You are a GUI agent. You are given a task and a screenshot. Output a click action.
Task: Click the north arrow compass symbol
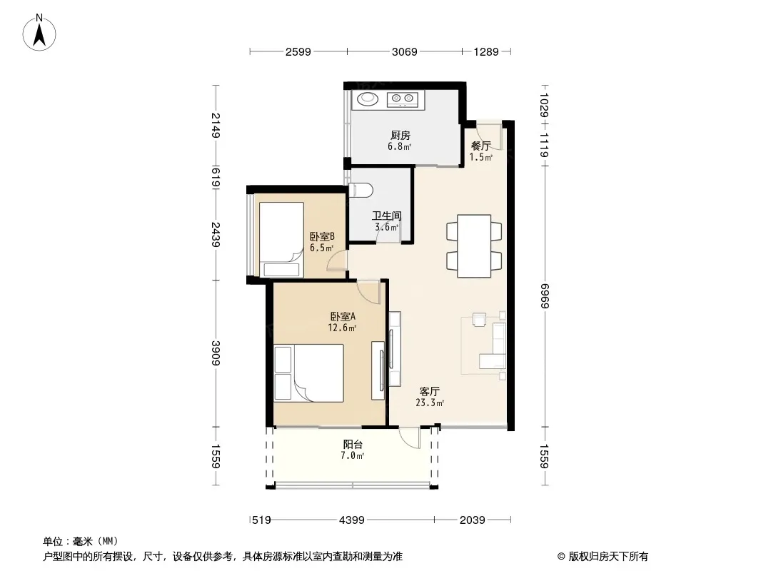[x=39, y=33]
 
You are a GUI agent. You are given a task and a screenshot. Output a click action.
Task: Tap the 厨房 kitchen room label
[x=400, y=136]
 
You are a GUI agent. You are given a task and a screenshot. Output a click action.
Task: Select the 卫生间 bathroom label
[x=387, y=216]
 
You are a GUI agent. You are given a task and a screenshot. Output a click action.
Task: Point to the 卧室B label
[x=322, y=237]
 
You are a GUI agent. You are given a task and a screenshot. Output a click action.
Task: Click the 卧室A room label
[x=343, y=317]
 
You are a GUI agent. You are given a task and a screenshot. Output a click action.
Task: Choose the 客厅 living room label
[x=430, y=392]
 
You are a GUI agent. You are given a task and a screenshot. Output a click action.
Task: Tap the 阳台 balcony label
[x=353, y=445]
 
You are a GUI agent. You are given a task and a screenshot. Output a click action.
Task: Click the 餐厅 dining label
[x=481, y=146]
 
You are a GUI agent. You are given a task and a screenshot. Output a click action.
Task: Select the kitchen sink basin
[x=368, y=99]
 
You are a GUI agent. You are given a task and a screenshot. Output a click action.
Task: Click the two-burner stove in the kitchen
[x=403, y=99]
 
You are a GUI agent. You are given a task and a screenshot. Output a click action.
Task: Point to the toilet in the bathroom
[x=361, y=190]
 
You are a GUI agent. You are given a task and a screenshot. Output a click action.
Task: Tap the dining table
[x=474, y=246]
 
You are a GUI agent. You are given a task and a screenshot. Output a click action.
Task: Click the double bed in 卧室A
[x=308, y=373]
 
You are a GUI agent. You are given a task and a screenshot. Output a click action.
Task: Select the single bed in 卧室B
[x=281, y=240]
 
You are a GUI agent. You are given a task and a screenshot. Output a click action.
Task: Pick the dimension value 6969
[x=544, y=296]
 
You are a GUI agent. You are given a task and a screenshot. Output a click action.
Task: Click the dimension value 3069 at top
[x=404, y=51]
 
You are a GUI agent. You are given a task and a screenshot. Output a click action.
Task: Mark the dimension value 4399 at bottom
[x=351, y=520]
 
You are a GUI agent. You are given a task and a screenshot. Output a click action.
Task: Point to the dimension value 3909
[x=216, y=353]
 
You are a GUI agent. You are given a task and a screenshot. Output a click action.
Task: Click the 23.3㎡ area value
[x=430, y=403]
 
